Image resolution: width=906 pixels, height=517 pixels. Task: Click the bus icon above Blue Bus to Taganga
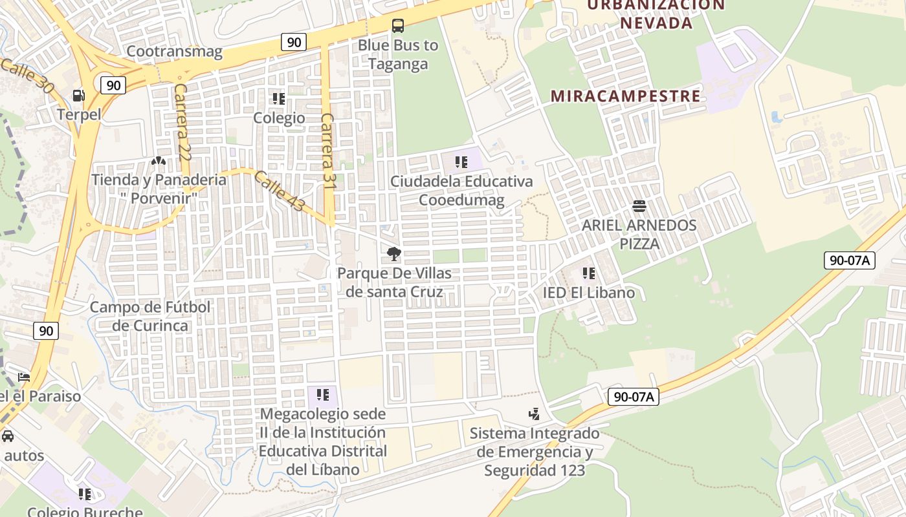(398, 26)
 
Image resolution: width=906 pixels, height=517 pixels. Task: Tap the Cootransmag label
(174, 51)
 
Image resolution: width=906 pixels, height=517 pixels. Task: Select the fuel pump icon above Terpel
(79, 96)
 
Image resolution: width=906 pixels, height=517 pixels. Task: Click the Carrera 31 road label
(328, 155)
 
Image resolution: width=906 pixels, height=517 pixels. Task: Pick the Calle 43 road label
(279, 191)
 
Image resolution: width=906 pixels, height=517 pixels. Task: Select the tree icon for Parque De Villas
(393, 254)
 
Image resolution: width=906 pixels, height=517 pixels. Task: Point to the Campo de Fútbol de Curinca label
(150, 316)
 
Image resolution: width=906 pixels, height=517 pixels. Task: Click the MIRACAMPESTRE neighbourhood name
(625, 96)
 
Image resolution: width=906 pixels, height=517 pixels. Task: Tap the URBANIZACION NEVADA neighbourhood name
(656, 14)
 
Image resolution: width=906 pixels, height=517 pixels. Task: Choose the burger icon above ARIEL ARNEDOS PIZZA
(639, 206)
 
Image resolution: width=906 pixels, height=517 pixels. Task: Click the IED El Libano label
(589, 292)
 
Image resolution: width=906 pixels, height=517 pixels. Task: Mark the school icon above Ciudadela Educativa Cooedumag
(461, 162)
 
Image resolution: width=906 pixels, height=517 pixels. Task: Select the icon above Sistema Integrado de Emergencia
(535, 414)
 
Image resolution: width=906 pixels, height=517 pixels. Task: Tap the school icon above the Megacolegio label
(322, 394)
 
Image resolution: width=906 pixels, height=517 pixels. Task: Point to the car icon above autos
(8, 436)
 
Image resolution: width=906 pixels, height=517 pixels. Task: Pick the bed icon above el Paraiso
(24, 377)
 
